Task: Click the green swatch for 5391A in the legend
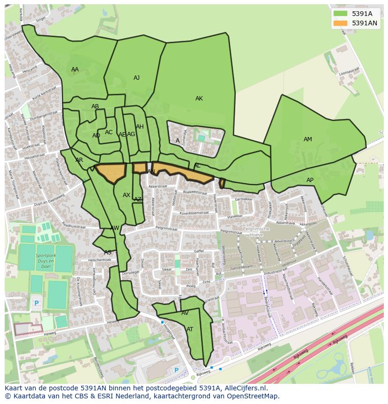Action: [341, 14]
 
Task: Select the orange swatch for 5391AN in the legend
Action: [341, 23]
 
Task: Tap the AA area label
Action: [75, 69]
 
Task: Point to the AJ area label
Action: [136, 78]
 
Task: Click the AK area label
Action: [199, 99]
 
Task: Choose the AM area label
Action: [307, 139]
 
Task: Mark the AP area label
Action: [310, 180]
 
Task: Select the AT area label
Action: [190, 329]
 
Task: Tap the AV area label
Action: [185, 313]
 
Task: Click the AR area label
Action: [79, 160]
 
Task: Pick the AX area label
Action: [127, 195]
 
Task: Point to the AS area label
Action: [108, 252]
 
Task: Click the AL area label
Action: [197, 166]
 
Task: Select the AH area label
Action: [140, 127]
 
